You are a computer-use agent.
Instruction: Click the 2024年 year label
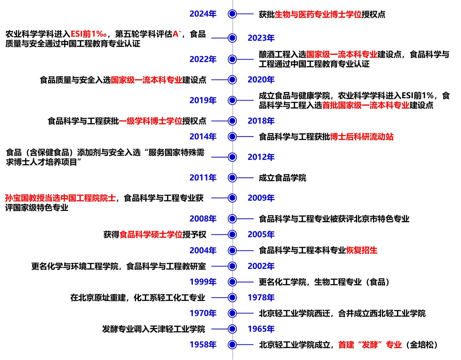coord(203,14)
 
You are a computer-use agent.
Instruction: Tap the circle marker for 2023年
coord(232,38)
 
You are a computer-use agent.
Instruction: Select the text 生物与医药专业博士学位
coord(318,14)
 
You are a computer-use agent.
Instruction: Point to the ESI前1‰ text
coord(89,34)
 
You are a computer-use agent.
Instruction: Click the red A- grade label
coord(177,34)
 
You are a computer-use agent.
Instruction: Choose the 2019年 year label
coord(203,100)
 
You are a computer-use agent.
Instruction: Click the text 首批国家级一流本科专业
coord(365,105)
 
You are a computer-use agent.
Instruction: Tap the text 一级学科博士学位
coord(151,121)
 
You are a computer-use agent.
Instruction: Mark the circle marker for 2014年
coord(232,137)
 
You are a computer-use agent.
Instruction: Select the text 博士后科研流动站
coord(362,137)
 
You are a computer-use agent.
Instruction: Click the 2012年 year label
coord(261,157)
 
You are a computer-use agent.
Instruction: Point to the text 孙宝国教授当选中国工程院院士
coord(60,198)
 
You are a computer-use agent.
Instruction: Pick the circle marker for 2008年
coord(232,219)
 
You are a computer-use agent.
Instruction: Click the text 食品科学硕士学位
coord(151,234)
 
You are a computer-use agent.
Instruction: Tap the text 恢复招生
coord(361,250)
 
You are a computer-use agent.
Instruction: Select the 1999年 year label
coord(203,282)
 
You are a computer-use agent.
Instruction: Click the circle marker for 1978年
coord(232,297)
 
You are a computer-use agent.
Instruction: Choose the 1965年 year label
coord(261,329)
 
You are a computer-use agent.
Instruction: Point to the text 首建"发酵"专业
coord(370,345)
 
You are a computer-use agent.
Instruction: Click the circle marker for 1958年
coord(232,345)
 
